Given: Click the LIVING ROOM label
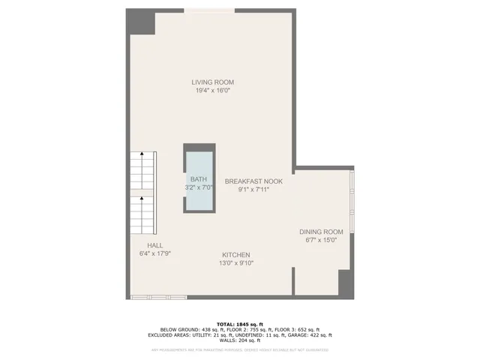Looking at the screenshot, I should tap(213, 82).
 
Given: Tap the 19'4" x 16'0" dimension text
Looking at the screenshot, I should tap(213, 91).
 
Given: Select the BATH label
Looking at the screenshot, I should tap(199, 179).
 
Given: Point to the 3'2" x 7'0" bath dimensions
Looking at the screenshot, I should tap(199, 187).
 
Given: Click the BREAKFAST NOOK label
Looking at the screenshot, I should tap(254, 181).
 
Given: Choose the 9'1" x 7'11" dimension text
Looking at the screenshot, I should tap(254, 190).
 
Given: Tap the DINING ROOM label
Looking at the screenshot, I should tap(321, 232).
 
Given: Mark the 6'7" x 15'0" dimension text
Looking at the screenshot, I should tap(321, 241).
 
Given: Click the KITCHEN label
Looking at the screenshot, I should tap(235, 255).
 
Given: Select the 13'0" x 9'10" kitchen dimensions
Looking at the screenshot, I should tap(235, 263).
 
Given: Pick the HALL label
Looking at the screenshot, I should tap(155, 245).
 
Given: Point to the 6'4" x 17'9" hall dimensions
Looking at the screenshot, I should tap(155, 253).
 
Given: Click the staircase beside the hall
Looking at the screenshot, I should tap(140, 191).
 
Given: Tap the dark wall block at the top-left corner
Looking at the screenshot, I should tap(140, 22).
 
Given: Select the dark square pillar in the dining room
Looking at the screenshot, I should tap(346, 283).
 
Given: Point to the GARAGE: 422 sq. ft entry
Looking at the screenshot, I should tap(310, 335).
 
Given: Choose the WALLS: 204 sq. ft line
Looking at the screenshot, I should tap(240, 340).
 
